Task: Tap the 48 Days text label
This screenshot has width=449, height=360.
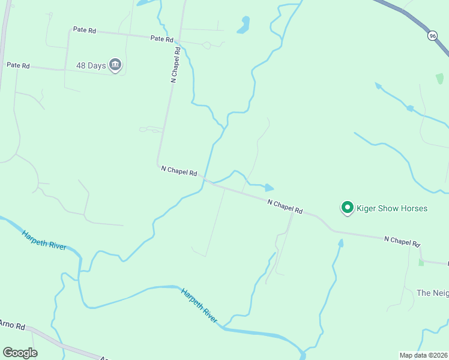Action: (91, 65)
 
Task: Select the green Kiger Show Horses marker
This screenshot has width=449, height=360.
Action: (347, 208)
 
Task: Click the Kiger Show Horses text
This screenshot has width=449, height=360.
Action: (392, 208)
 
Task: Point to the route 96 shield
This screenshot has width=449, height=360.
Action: (433, 36)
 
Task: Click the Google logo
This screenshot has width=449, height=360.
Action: (20, 353)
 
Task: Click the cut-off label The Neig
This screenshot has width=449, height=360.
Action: (432, 293)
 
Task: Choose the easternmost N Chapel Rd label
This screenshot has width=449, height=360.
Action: (402, 241)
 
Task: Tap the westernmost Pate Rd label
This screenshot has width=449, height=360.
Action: (18, 65)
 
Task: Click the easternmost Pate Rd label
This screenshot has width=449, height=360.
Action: (161, 38)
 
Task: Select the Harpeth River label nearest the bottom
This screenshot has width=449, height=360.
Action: (199, 305)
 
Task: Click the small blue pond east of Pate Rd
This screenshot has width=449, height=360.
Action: (243, 25)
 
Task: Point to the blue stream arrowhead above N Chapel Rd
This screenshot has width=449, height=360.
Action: (269, 188)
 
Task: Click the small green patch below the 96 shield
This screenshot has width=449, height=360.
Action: (439, 79)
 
